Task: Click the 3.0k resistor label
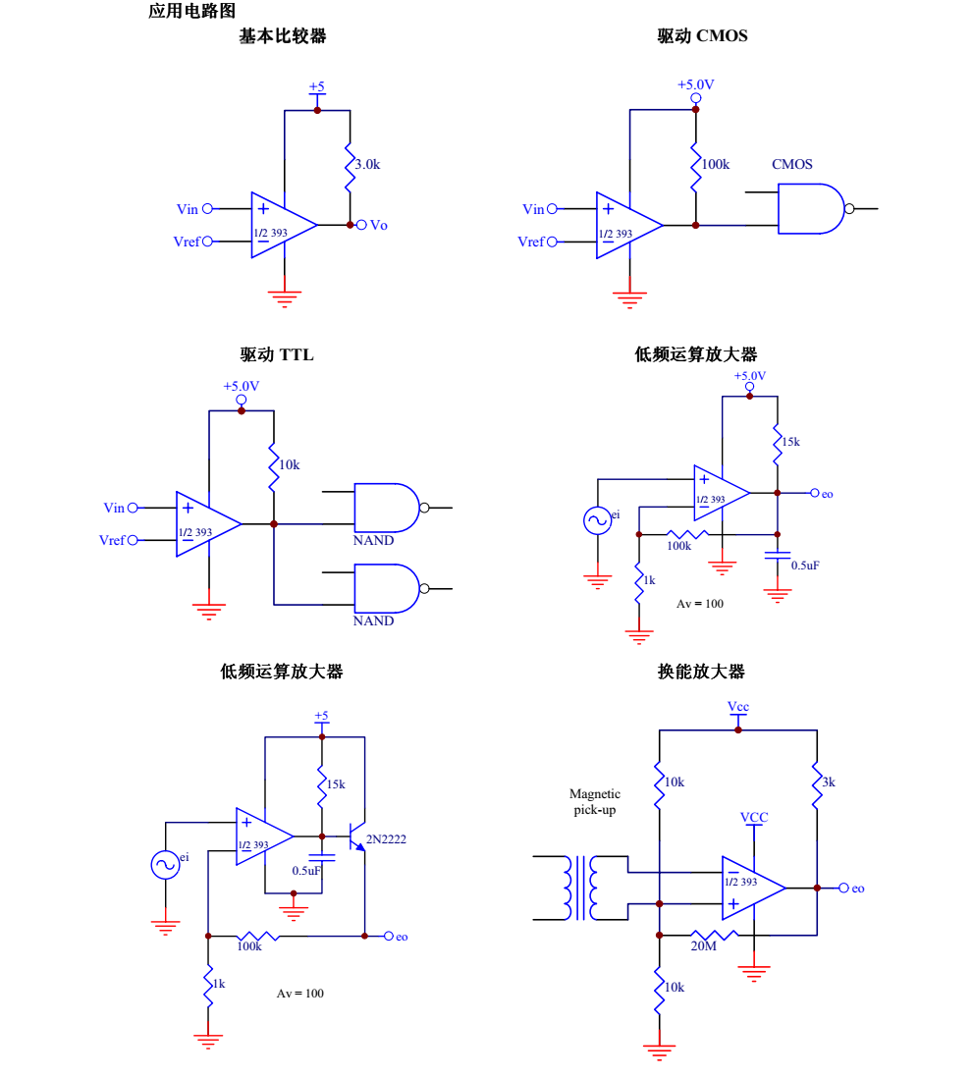[x=367, y=165]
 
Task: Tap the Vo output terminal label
[x=378, y=225]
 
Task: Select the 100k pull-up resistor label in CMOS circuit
[x=715, y=164]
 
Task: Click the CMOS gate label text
[x=791, y=164]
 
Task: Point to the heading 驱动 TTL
[x=277, y=354]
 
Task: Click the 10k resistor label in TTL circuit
[x=289, y=463]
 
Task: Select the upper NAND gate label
[x=373, y=540]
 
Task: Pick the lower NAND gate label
[x=373, y=620]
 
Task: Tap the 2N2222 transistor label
[x=386, y=839]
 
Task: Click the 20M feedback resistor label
[x=703, y=946]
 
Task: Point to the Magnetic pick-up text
[x=595, y=802]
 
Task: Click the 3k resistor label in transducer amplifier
[x=829, y=782]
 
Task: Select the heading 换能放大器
[x=701, y=672]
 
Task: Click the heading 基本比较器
[x=283, y=36]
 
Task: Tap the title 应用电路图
[x=191, y=11]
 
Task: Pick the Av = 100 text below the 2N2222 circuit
[x=300, y=993]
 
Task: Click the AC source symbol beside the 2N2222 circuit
[x=165, y=864]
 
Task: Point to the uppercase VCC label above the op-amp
[x=754, y=817]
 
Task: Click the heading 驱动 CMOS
[x=702, y=36]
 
